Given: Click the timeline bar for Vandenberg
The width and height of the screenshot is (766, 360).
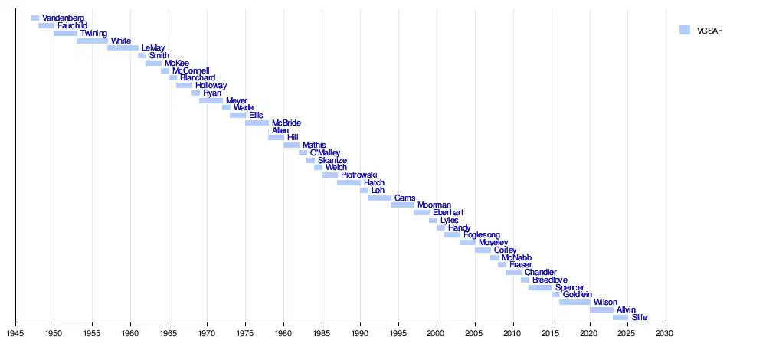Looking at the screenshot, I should click(x=34, y=18).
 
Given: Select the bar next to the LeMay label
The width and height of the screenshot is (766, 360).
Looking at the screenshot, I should click(x=123, y=48).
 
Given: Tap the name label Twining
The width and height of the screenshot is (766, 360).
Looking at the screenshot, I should click(x=93, y=34).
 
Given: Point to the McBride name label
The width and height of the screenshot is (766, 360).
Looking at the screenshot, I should click(x=286, y=123).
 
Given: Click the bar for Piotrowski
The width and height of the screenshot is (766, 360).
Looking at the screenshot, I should click(x=329, y=175).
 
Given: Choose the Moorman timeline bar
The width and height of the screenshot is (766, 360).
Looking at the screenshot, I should click(x=402, y=205).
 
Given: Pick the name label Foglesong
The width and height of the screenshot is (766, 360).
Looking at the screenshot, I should click(x=481, y=235).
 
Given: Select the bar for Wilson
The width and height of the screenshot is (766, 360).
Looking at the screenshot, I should click(x=574, y=303).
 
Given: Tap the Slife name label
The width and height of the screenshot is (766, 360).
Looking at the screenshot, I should click(x=639, y=317).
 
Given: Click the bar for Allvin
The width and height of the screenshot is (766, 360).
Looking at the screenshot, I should click(x=601, y=309).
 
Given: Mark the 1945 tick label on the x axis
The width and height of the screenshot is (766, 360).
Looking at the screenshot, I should click(x=15, y=333).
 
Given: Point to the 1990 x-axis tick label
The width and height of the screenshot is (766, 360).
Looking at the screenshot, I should click(x=360, y=333).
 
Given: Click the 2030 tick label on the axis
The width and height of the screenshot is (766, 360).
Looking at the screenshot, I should click(x=666, y=333).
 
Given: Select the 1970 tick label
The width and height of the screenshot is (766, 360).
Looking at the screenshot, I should click(x=207, y=333).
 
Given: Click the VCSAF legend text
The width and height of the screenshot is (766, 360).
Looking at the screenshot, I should click(x=709, y=31).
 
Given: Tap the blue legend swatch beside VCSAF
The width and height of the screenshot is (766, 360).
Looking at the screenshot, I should click(x=685, y=30).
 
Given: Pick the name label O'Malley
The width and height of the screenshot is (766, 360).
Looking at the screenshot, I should click(x=325, y=153).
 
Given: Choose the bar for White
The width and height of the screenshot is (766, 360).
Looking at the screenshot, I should click(x=92, y=41).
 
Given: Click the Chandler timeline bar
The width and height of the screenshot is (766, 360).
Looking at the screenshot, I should click(x=513, y=273).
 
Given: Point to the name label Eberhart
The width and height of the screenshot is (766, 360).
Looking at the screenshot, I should click(x=447, y=213).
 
